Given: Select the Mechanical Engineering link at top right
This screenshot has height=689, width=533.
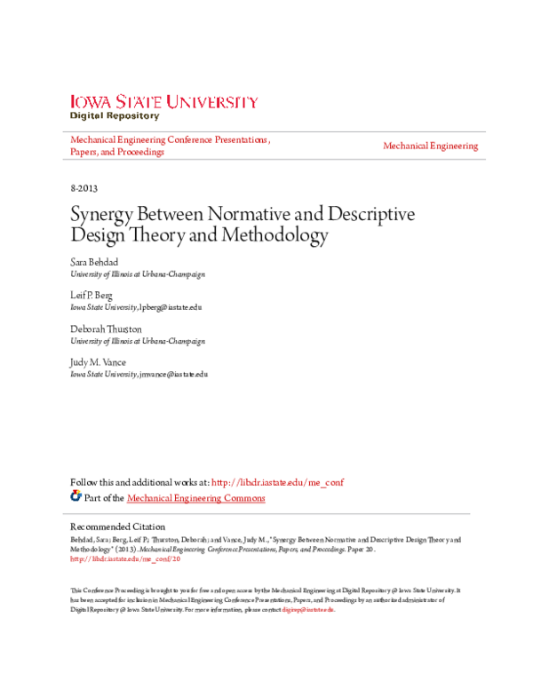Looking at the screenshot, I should [430, 146].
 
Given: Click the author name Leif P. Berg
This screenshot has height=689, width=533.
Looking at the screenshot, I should [91, 296].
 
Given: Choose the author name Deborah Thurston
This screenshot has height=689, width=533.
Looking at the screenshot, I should [106, 329].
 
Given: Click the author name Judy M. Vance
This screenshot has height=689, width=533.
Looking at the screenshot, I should [99, 362].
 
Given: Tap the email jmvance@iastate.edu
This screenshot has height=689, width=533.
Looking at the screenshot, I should [173, 374].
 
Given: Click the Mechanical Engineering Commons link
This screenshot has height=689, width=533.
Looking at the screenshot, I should [195, 498].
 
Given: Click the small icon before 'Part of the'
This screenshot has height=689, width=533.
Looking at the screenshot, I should [76, 497].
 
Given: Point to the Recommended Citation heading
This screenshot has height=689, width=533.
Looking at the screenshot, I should [118, 527].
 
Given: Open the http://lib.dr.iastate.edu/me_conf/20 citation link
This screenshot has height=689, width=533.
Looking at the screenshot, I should [125, 559].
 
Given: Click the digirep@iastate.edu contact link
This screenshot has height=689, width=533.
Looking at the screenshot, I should [307, 610].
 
